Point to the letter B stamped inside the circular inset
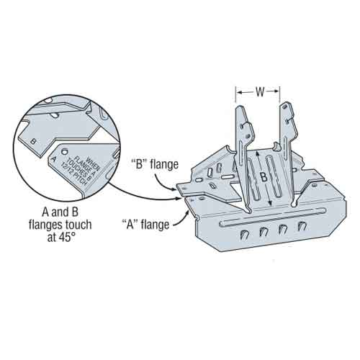[34, 140]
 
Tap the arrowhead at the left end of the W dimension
[239, 92]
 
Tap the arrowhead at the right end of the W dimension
[279, 92]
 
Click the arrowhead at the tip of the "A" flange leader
[188, 210]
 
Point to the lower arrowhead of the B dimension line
[270, 205]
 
